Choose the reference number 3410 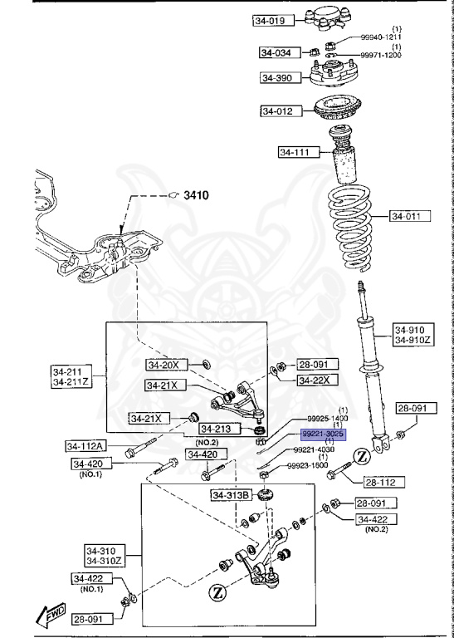pyautogui.click(x=196, y=195)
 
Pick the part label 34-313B pyautogui.click(x=230, y=496)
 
